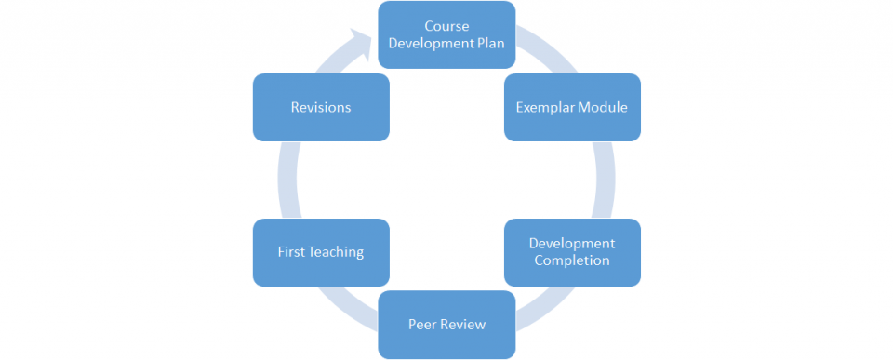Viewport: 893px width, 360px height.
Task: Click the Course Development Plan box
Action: click(446, 34)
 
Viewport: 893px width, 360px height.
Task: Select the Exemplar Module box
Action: click(572, 107)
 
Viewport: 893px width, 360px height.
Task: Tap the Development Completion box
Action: click(572, 252)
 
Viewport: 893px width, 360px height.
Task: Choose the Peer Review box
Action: click(446, 325)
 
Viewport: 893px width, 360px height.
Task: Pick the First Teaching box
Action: click(321, 252)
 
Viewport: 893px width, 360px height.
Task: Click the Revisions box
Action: click(321, 107)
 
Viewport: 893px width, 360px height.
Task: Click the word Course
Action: click(446, 26)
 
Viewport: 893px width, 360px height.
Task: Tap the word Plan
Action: click(488, 43)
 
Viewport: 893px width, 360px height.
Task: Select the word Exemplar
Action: click(546, 107)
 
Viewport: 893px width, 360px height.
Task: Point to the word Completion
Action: click(572, 260)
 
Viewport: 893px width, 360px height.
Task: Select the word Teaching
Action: click(336, 252)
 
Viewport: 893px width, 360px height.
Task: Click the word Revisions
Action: click(321, 107)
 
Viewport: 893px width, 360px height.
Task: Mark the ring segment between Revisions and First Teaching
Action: click(286, 180)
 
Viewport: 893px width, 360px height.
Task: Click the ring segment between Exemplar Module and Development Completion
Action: click(606, 180)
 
